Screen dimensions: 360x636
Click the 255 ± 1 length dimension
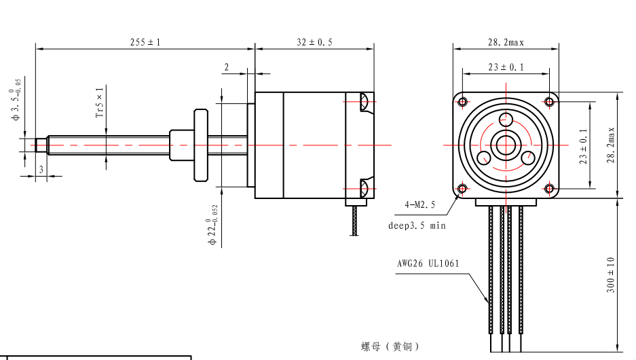point(145,42)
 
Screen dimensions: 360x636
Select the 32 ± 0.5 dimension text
point(314,42)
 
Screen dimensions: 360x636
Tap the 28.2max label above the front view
point(506,42)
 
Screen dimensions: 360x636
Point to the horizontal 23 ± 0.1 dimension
point(506,67)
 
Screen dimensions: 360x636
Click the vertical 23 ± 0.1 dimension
point(582,144)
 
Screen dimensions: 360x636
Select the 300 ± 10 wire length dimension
point(610,274)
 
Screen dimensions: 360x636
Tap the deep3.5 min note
point(417,226)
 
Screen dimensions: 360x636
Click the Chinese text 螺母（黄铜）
point(390,347)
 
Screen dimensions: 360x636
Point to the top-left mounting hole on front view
point(463,102)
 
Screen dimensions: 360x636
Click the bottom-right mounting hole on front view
point(549,188)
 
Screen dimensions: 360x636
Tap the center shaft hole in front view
point(506,145)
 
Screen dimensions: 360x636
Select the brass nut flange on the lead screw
point(202,145)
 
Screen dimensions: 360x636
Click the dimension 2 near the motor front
point(227,67)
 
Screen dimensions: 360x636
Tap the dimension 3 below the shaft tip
point(41,169)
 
